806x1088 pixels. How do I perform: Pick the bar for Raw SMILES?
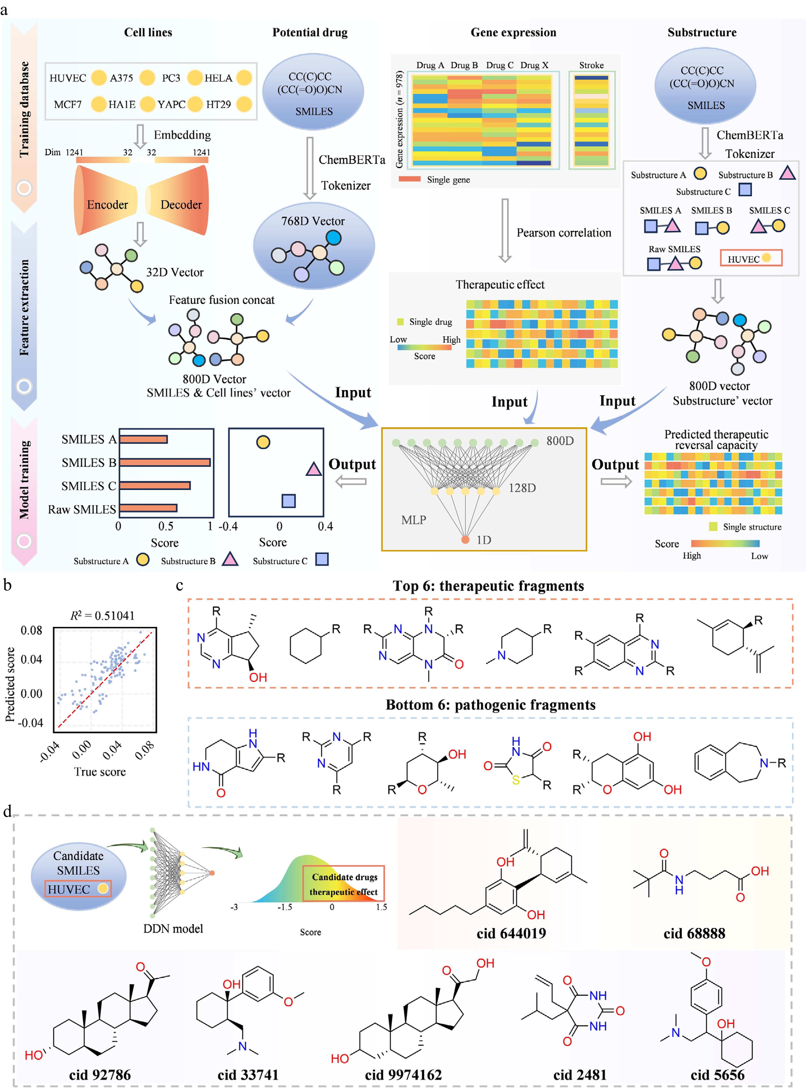[148, 508]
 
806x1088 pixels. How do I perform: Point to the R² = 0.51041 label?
[103, 616]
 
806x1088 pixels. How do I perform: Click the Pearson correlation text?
[564, 233]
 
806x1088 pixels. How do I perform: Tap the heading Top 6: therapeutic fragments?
[488, 586]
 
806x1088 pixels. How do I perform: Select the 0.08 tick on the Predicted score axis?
[31, 631]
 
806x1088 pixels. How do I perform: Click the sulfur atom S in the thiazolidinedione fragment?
[516, 780]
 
